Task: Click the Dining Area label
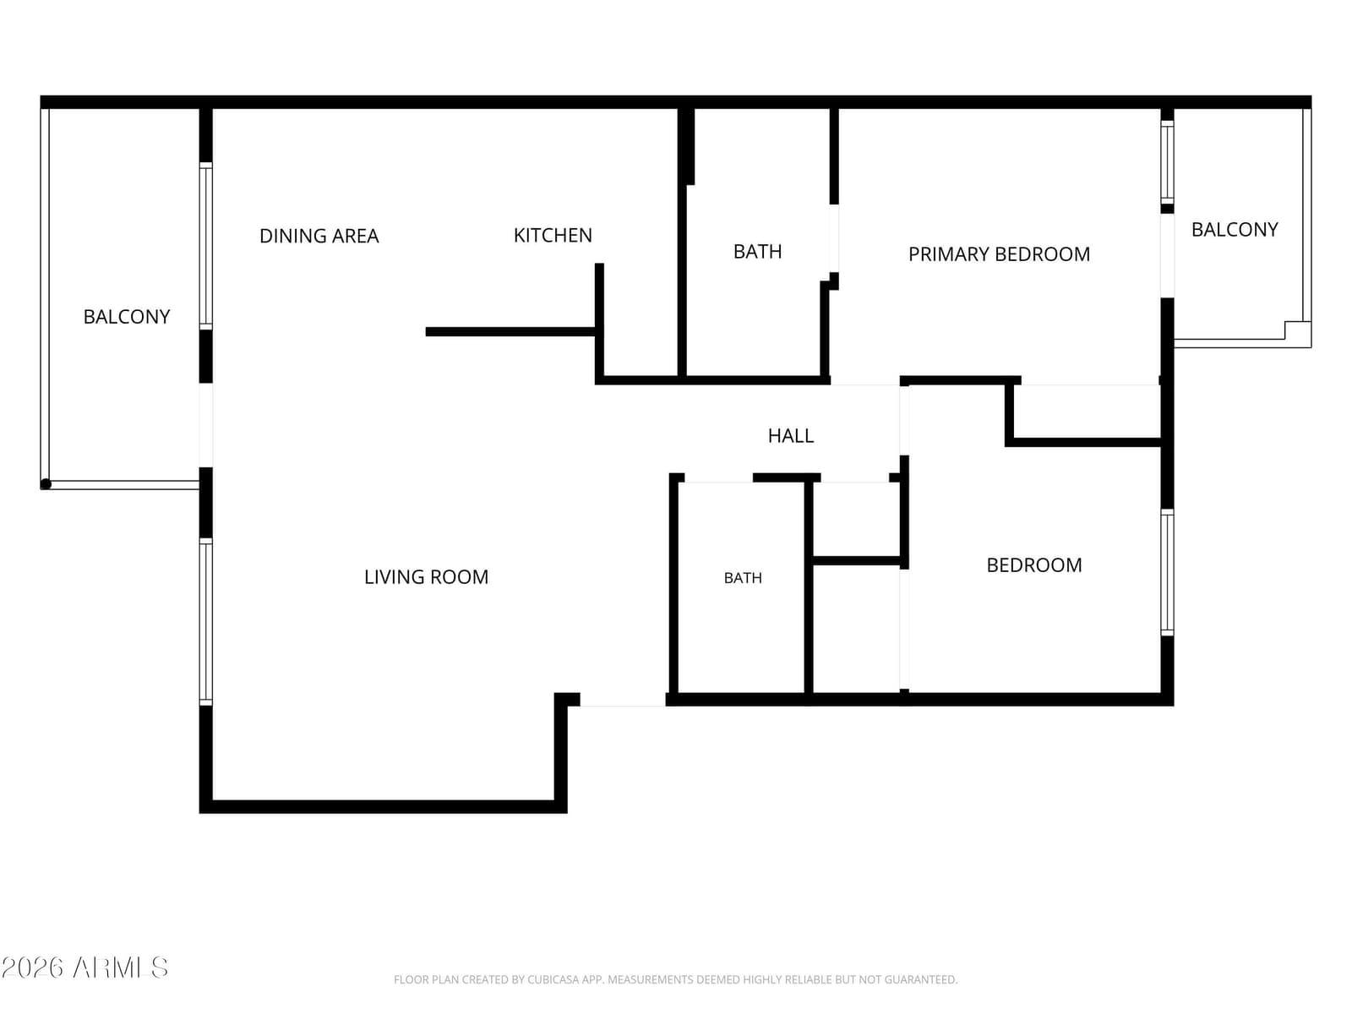pyautogui.click(x=319, y=236)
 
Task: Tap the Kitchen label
pyautogui.click(x=553, y=235)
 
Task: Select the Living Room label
pyautogui.click(x=426, y=577)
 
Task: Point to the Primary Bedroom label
pyautogui.click(x=999, y=254)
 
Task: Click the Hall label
pyautogui.click(x=790, y=436)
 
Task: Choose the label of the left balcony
pyautogui.click(x=126, y=316)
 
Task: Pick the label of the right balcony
pyautogui.click(x=1235, y=230)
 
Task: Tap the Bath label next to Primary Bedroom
pyautogui.click(x=757, y=251)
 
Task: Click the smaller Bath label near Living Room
pyautogui.click(x=742, y=578)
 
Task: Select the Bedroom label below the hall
pyautogui.click(x=1033, y=565)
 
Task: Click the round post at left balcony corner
pyautogui.click(x=46, y=484)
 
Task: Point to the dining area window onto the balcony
pyautogui.click(x=205, y=246)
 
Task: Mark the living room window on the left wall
pyautogui.click(x=205, y=622)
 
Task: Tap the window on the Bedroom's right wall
pyautogui.click(x=1167, y=573)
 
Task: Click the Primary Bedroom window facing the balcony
pyautogui.click(x=1167, y=162)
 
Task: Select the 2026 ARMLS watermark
pyautogui.click(x=84, y=968)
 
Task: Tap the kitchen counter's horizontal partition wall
pyautogui.click(x=510, y=332)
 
